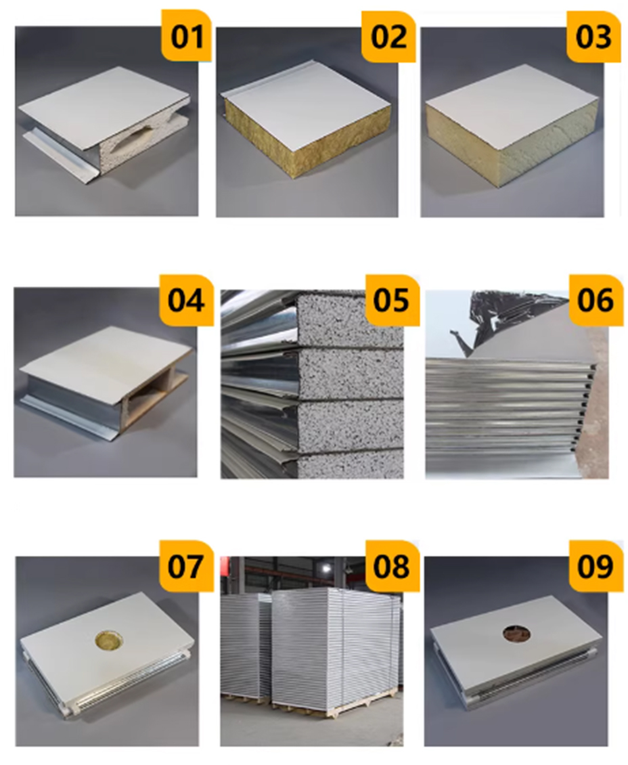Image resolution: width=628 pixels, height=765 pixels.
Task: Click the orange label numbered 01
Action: click(187, 35)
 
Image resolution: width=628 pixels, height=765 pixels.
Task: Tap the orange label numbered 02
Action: click(388, 36)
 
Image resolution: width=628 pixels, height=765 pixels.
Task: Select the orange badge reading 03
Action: click(593, 36)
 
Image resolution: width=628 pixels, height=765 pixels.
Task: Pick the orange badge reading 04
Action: click(186, 300)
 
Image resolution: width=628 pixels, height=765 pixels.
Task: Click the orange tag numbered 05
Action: click(392, 300)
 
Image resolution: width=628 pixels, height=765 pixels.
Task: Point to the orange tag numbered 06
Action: click(596, 300)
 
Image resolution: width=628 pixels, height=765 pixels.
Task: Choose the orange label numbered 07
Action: click(186, 566)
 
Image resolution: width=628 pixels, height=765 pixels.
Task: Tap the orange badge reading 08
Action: click(392, 566)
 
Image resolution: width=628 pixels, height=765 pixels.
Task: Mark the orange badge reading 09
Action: click(596, 566)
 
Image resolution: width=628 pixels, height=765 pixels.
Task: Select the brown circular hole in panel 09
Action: click(517, 633)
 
